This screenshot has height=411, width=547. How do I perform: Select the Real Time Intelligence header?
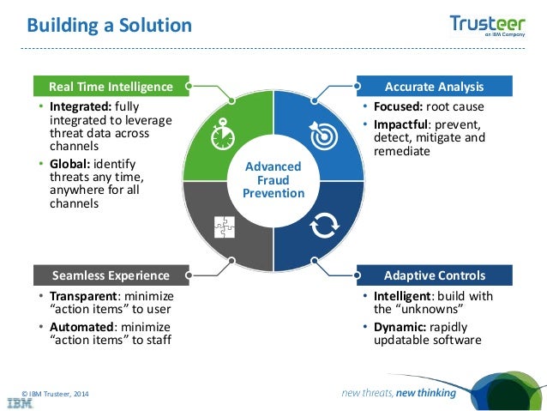tap(110, 87)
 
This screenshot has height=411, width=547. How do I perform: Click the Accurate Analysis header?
tap(434, 87)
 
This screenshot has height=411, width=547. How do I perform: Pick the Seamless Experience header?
tap(110, 275)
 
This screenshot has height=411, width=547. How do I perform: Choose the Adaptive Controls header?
tap(434, 275)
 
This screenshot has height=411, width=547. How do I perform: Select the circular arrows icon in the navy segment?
tap(323, 227)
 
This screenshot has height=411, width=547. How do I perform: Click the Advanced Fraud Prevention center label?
tap(274, 179)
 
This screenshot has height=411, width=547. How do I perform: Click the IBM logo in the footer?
tap(21, 401)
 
